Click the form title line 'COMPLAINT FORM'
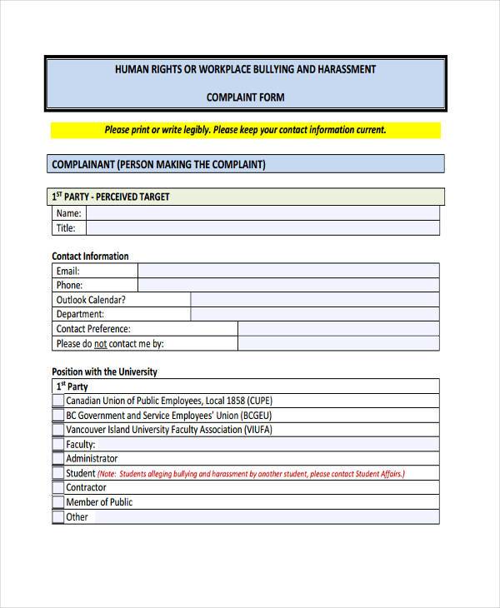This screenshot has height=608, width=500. (x=245, y=97)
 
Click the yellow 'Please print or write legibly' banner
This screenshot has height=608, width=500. (x=245, y=130)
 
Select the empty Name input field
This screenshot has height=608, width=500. (x=262, y=213)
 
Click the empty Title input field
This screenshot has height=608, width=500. (x=262, y=227)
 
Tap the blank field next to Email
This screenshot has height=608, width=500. (x=287, y=271)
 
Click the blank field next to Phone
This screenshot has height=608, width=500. (x=287, y=285)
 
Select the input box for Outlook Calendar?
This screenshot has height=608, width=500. (x=314, y=300)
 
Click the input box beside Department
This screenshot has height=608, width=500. (x=314, y=314)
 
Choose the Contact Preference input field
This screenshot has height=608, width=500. (x=337, y=329)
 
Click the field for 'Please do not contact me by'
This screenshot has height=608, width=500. (x=337, y=343)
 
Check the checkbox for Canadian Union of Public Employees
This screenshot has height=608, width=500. (x=58, y=401)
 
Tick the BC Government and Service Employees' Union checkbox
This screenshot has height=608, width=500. (x=58, y=415)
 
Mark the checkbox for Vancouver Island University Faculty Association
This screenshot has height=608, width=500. (x=58, y=430)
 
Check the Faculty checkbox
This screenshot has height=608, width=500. (x=58, y=444)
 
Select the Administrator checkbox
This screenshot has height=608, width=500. (x=58, y=458)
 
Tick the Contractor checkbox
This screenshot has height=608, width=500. (x=58, y=487)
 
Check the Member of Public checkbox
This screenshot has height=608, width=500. (x=58, y=502)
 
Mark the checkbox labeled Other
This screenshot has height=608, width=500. (x=58, y=516)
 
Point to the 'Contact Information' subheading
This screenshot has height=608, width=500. (x=90, y=257)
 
